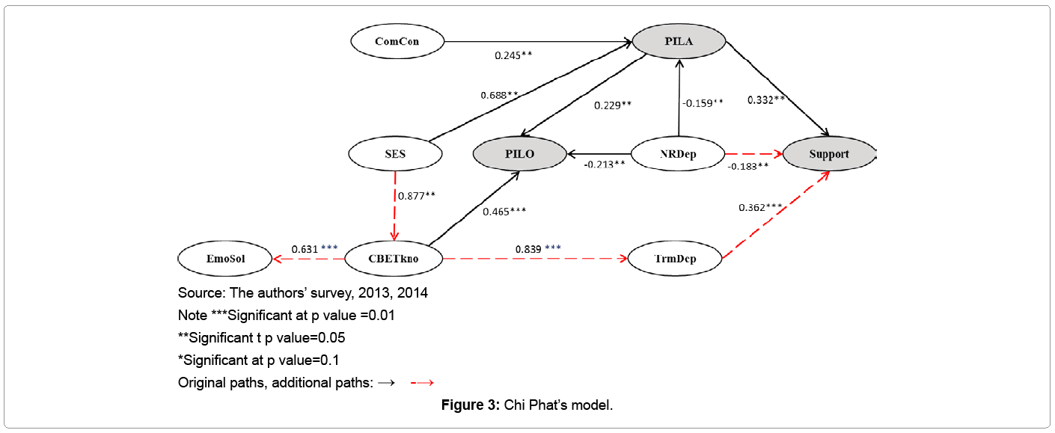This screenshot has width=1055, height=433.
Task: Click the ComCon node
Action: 397,41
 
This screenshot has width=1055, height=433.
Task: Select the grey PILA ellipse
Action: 679,41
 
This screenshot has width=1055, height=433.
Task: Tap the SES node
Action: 395,155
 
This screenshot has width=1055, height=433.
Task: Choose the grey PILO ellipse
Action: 519,155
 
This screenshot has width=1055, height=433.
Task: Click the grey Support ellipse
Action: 828,154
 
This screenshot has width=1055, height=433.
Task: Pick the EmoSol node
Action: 224,259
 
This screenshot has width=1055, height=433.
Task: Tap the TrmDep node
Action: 674,259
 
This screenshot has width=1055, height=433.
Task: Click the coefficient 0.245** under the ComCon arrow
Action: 513,55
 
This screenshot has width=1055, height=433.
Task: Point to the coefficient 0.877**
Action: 417,195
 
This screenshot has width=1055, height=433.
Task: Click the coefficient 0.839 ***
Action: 538,248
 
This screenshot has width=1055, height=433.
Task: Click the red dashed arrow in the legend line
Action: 423,383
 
